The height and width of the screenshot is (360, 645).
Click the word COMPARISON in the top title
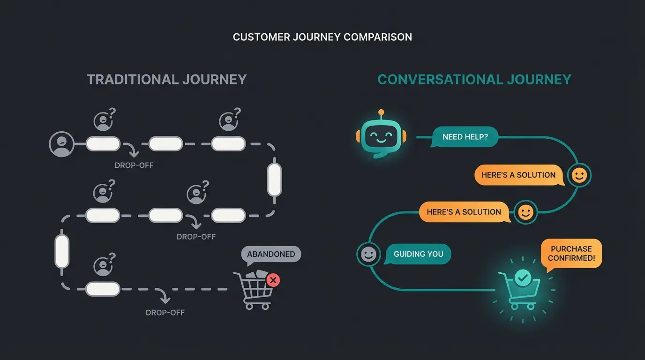point(378,37)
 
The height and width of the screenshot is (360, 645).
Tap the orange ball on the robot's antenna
point(381,112)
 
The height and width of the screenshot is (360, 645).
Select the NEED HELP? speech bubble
point(464,137)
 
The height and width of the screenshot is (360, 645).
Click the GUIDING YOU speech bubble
point(418,254)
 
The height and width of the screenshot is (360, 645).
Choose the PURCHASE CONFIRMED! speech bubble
point(571,254)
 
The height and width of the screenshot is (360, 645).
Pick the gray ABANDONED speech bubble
point(271,254)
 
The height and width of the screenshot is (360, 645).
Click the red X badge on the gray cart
point(273,280)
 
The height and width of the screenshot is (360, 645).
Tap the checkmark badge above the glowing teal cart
point(523,278)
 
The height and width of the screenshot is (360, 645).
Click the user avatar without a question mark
point(61,144)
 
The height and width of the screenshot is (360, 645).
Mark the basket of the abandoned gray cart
point(256,287)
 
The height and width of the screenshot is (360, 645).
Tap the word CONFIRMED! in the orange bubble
point(571,258)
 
